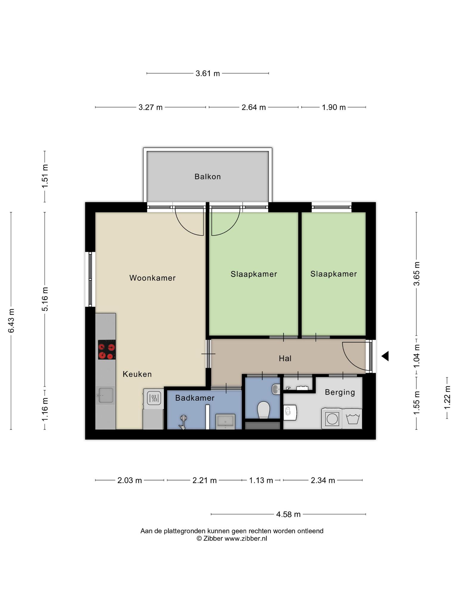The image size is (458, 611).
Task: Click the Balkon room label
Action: pyautogui.click(x=208, y=177)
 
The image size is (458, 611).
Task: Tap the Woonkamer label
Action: pyautogui.click(x=152, y=278)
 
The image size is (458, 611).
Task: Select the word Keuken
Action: pyautogui.click(x=137, y=374)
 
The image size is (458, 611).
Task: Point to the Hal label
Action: pyautogui.click(x=285, y=358)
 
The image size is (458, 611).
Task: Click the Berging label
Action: pyautogui.click(x=340, y=392)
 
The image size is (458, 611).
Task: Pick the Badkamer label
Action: pyautogui.click(x=195, y=398)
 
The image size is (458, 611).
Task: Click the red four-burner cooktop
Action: pyautogui.click(x=107, y=349)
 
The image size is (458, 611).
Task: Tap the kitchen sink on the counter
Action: pyautogui.click(x=106, y=395)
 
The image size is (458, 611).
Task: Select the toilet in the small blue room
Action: pyautogui.click(x=264, y=410)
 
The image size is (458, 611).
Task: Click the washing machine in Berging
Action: pyautogui.click(x=332, y=419)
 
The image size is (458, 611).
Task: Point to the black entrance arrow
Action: pyautogui.click(x=385, y=356)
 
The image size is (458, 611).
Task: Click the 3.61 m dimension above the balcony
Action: pyautogui.click(x=208, y=73)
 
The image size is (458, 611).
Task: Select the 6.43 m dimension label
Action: pyautogui.click(x=11, y=321)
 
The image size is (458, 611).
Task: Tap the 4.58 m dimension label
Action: pyautogui.click(x=288, y=514)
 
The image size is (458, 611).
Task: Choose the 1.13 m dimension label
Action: pyautogui.click(x=261, y=480)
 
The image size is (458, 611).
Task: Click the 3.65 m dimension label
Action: pyautogui.click(x=416, y=274)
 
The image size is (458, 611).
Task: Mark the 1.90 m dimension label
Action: pyautogui.click(x=334, y=107)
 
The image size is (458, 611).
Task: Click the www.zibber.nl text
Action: pyautogui.click(x=246, y=539)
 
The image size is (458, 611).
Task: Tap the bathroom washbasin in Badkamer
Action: pyautogui.click(x=225, y=421)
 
